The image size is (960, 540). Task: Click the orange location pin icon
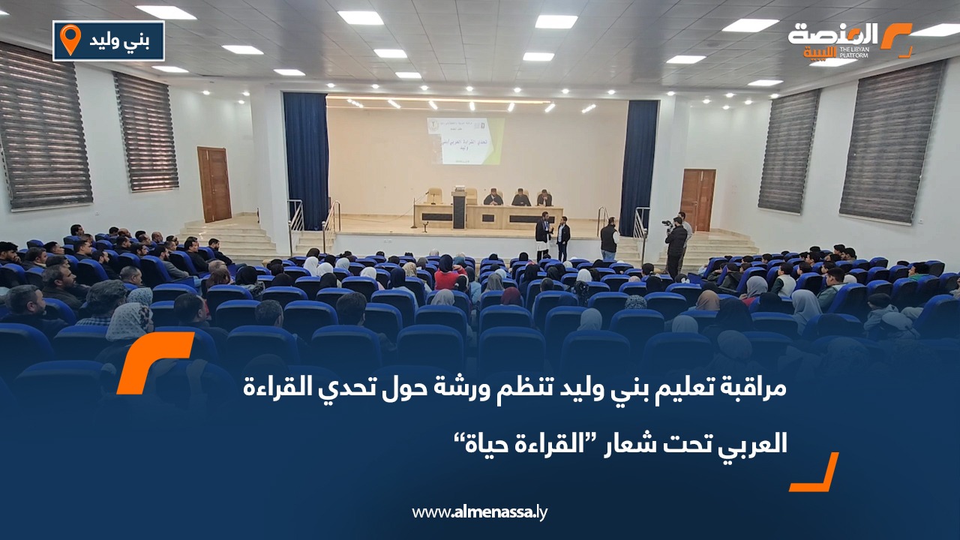tap(70, 40)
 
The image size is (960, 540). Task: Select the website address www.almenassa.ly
tap(480, 512)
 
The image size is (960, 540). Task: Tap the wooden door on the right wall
tap(697, 199)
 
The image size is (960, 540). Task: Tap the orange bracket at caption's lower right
tap(815, 472)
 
